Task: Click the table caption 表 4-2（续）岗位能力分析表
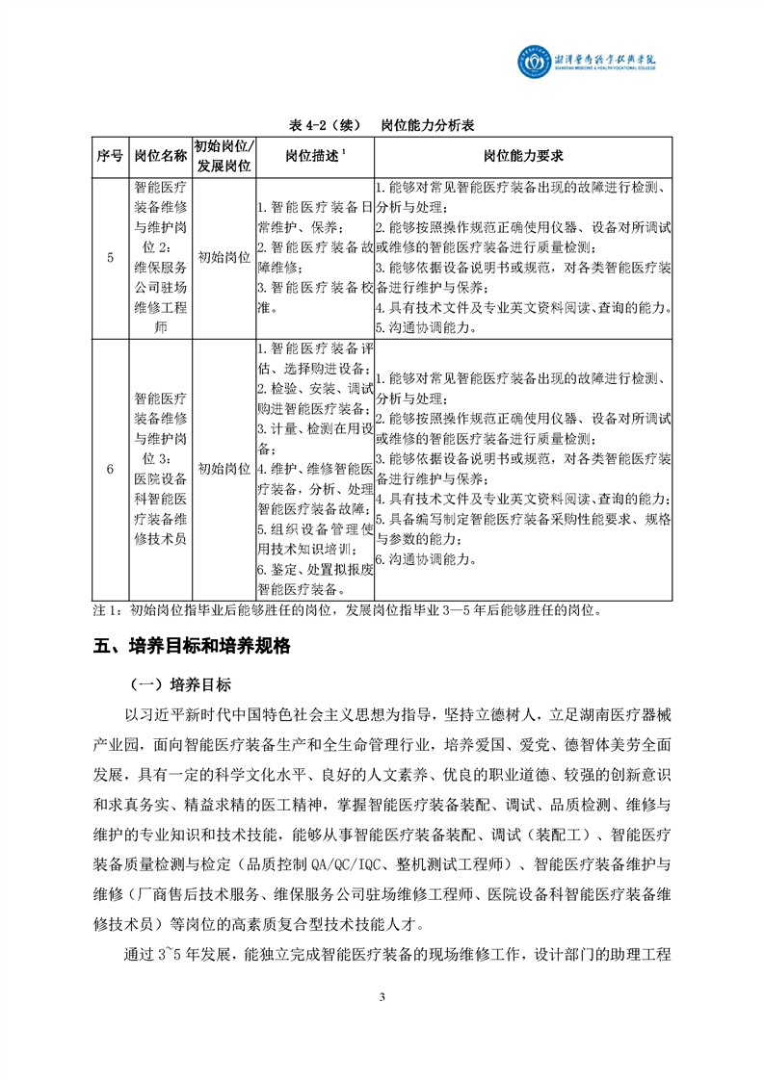(x=383, y=126)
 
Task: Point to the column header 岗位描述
(x=313, y=156)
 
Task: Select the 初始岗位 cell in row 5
(x=224, y=257)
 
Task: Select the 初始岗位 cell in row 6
(x=224, y=469)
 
